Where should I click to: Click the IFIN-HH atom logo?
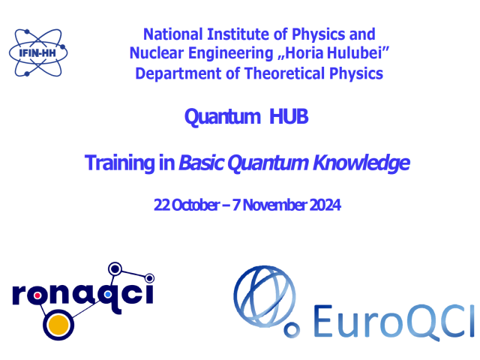click(x=38, y=52)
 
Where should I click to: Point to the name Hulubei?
click(x=355, y=53)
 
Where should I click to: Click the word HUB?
click(x=289, y=117)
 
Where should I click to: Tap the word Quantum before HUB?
click(x=223, y=117)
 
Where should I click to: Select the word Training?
click(x=120, y=163)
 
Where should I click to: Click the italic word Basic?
click(x=202, y=163)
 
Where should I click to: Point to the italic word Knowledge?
click(x=361, y=163)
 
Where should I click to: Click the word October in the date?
click(x=196, y=205)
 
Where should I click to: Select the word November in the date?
click(x=274, y=205)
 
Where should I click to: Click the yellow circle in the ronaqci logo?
click(x=58, y=325)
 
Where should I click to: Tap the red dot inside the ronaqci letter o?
click(x=37, y=295)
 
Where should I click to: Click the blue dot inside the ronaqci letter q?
click(x=108, y=295)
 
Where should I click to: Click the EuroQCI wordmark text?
click(x=394, y=322)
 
